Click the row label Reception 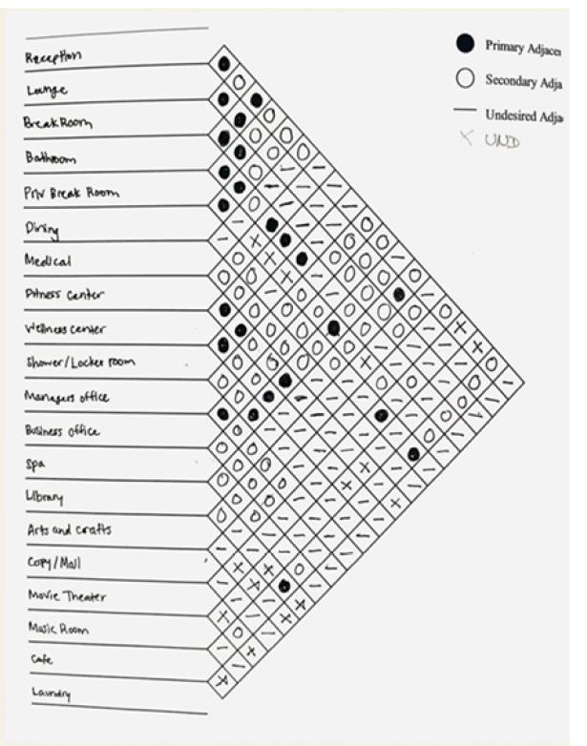(53, 57)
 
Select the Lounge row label (46, 91)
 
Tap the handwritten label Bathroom (51, 157)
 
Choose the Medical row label (49, 260)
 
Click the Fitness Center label (65, 295)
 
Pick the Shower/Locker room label (79, 363)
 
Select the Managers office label (67, 397)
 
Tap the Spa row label (34, 465)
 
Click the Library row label (44, 497)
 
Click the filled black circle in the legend (465, 43)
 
